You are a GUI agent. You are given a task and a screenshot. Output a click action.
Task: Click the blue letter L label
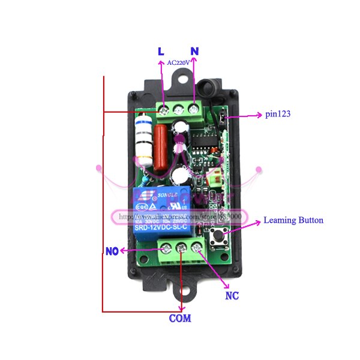(160, 52)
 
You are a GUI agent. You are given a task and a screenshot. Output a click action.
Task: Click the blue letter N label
(194, 52)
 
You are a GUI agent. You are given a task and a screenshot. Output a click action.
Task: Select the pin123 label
(278, 113)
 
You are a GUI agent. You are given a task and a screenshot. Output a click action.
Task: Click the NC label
(232, 296)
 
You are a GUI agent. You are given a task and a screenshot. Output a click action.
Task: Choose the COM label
(179, 318)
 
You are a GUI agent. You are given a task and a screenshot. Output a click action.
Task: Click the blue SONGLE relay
(161, 211)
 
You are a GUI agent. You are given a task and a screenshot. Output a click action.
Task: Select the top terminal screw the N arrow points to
(194, 109)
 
